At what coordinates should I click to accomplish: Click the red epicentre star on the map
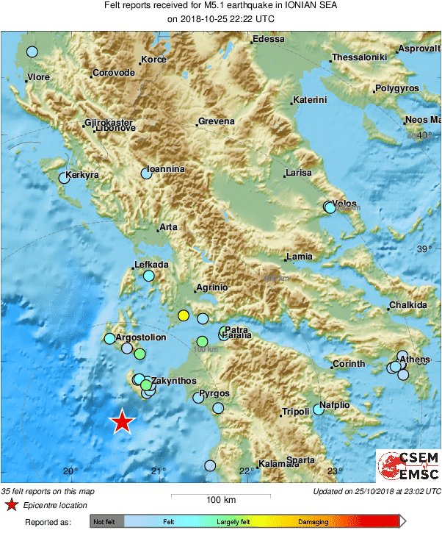tap(123, 422)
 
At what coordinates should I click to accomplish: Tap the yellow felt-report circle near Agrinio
tap(184, 316)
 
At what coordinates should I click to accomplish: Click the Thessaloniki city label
tap(359, 57)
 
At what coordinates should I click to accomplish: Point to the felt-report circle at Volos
tap(330, 208)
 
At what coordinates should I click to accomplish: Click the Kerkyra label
tap(82, 176)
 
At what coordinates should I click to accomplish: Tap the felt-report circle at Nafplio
tap(318, 409)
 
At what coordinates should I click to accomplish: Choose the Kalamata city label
tap(280, 464)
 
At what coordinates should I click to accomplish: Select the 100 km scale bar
tap(220, 493)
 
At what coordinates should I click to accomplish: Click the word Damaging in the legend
tap(313, 521)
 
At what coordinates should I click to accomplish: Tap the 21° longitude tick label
tap(159, 471)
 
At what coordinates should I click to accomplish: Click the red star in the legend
tap(11, 505)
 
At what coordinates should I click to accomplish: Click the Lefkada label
tap(152, 265)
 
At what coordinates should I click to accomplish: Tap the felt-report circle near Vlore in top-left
tap(32, 51)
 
